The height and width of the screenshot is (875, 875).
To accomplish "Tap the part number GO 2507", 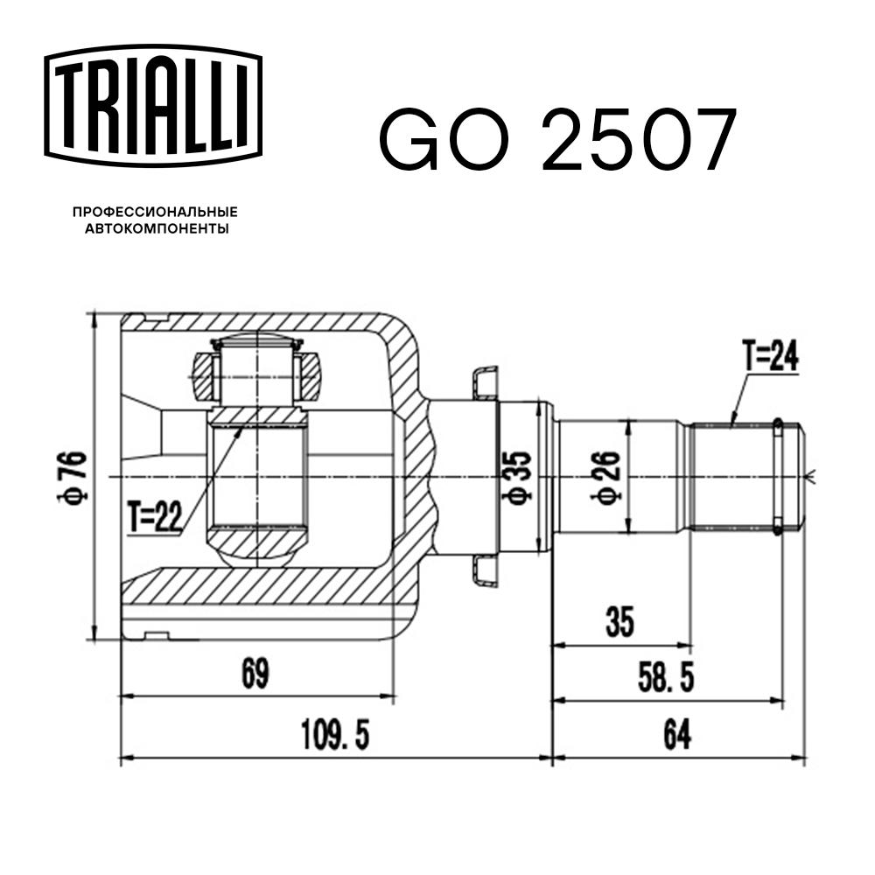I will click(557, 141).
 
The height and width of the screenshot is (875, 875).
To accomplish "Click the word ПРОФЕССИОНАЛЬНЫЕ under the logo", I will click(155, 212).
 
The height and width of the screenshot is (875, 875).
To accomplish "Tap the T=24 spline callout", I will click(770, 356).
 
